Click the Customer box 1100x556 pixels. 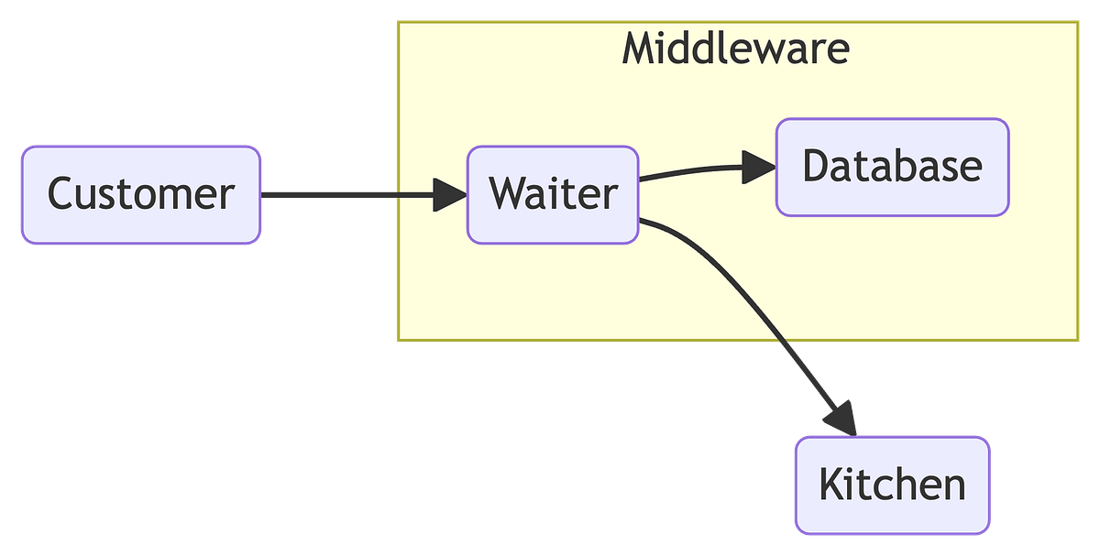[x=141, y=194]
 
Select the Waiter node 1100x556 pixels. [x=553, y=194]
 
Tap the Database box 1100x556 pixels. [x=892, y=167]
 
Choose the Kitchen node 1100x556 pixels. [x=892, y=485]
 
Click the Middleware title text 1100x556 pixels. [x=736, y=49]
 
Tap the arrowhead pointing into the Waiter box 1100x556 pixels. [x=449, y=194]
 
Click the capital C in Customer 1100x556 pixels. [x=61, y=194]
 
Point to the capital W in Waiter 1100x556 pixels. [x=507, y=194]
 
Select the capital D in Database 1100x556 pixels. [x=817, y=167]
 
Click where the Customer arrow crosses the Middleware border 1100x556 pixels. [x=396, y=194]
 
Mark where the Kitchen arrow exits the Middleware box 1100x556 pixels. [x=786, y=343]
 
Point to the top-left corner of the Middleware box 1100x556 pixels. [x=396, y=21]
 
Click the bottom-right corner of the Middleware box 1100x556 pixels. [x=1080, y=343]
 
